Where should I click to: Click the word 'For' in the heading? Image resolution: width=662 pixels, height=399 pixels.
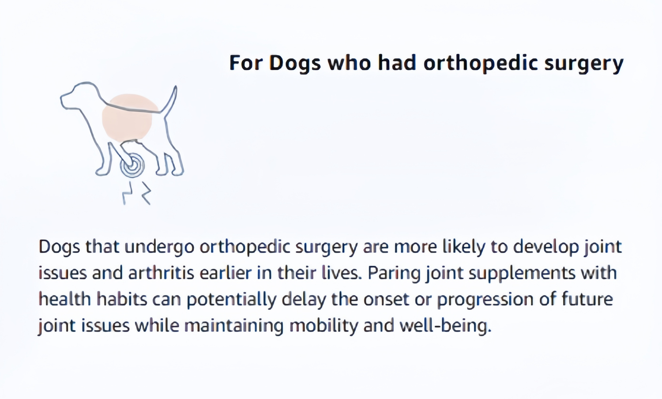[x=246, y=63]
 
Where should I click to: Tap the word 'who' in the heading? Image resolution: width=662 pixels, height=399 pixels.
[x=349, y=63]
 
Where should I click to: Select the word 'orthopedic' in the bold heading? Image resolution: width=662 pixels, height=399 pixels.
[x=480, y=64]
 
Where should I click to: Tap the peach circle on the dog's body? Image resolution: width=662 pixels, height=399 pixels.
[x=127, y=117]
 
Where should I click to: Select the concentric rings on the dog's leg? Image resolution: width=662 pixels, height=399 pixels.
[x=132, y=166]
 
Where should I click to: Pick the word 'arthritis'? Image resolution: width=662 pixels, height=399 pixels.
[x=161, y=273]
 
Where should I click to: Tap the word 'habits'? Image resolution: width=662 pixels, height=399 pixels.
[x=122, y=299]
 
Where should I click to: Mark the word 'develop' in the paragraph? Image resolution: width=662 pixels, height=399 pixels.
[x=546, y=247]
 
